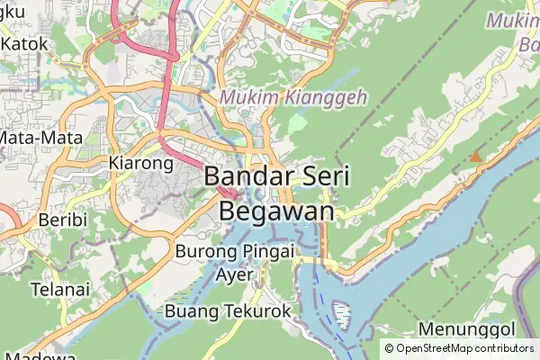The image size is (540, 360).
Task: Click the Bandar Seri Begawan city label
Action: point(276,192)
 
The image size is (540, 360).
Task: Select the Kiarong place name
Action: point(139,164)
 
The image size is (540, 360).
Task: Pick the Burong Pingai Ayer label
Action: point(236,262)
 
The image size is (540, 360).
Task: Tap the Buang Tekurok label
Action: point(229,310)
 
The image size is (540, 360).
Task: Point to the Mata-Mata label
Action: point(41,139)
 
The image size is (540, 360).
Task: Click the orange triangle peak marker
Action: point(475,157)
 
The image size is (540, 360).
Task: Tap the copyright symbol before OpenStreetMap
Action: point(389,348)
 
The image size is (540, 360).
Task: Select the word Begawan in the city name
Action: point(276,210)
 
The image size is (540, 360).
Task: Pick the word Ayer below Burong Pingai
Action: point(236,274)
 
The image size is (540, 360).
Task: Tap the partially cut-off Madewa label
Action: point(36,355)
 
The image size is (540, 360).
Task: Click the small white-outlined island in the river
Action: point(342,314)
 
